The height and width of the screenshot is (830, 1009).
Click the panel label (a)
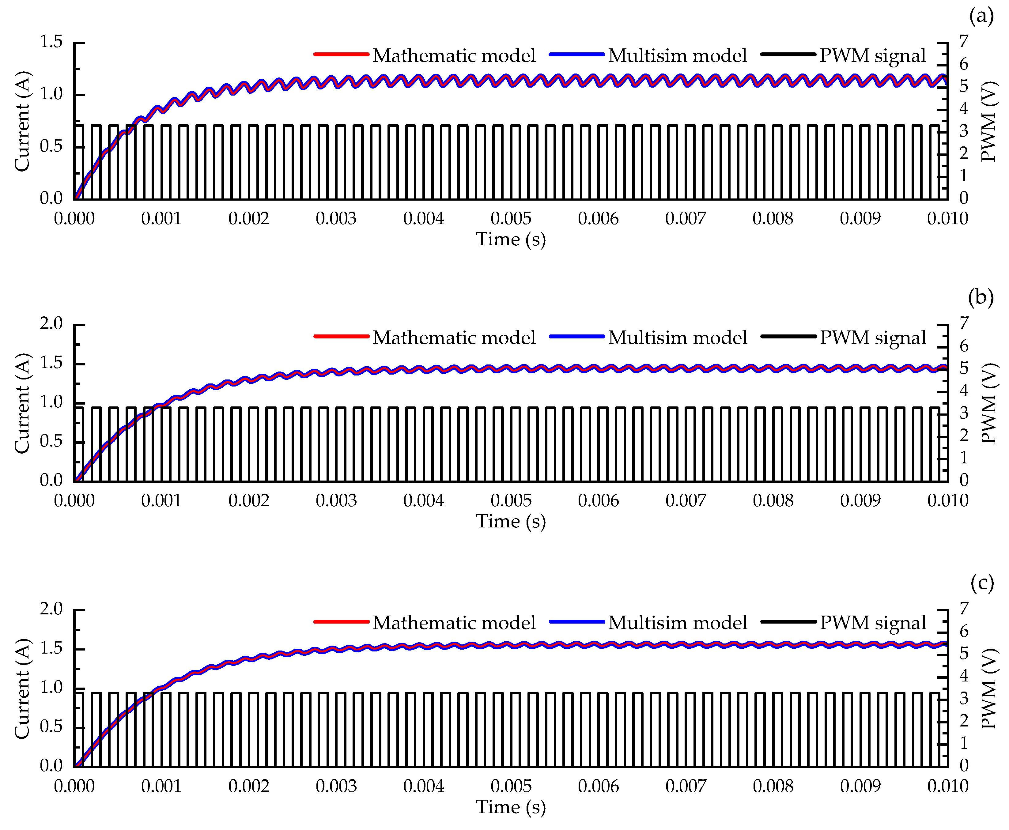coord(981,17)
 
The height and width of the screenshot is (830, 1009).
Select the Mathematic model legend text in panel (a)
coord(454,55)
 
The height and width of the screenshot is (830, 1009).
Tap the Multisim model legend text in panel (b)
coord(677,338)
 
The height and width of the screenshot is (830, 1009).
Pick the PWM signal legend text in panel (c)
coord(873,622)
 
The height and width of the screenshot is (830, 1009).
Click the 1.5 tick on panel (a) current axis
coord(51,42)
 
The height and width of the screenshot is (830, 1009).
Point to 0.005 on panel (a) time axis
coord(511,218)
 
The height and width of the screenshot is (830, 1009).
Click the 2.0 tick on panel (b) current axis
coord(51,324)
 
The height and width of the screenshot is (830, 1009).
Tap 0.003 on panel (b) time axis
coord(336,500)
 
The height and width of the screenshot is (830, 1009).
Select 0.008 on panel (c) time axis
coord(773,786)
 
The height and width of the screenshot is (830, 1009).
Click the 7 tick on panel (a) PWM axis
coord(964,42)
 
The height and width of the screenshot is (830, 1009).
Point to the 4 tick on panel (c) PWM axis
coord(964,676)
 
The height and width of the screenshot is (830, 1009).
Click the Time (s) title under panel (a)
coord(511,239)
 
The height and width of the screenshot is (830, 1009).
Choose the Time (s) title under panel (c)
coord(511,807)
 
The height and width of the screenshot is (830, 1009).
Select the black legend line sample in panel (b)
coord(788,337)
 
